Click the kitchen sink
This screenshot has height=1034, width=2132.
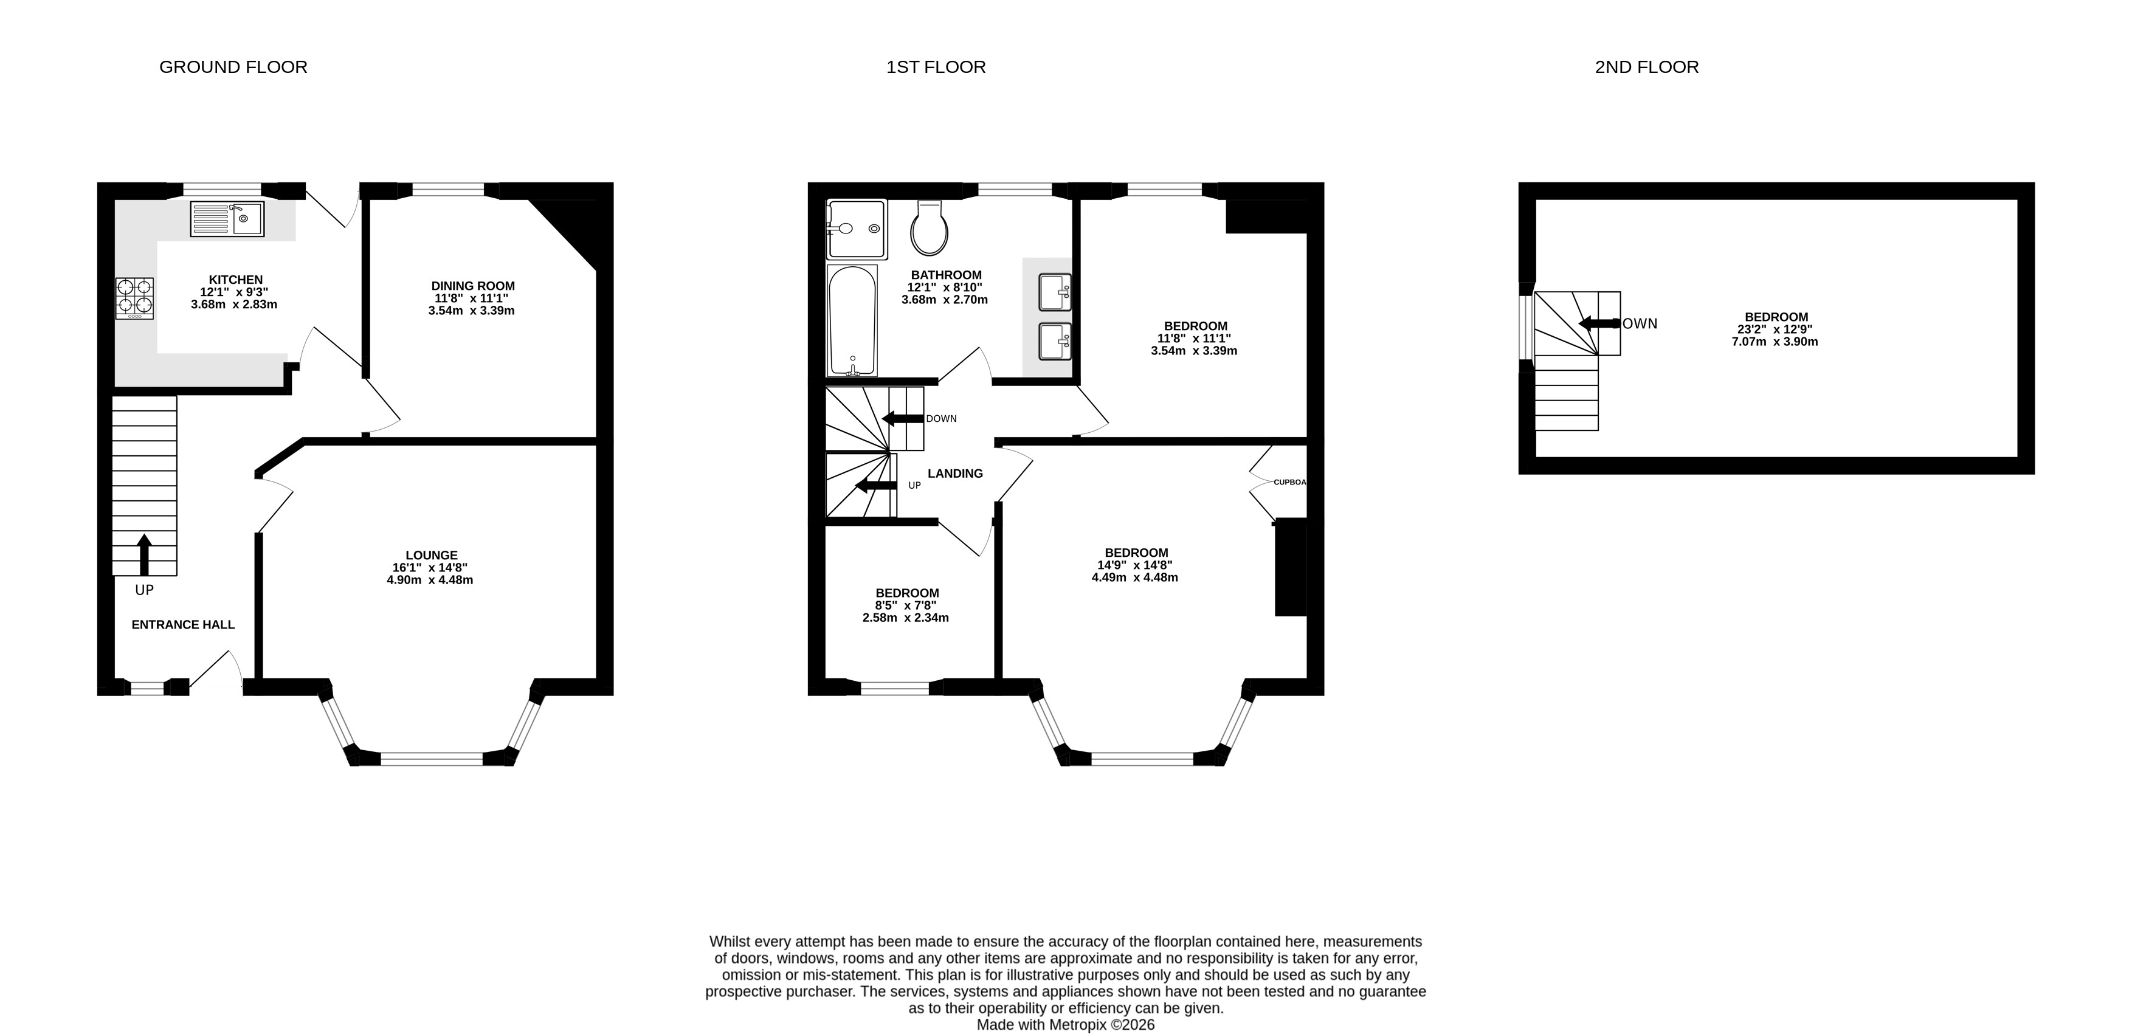coord(227,219)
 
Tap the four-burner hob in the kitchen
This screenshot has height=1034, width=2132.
coord(135,298)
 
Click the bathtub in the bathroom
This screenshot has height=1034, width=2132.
coord(852,320)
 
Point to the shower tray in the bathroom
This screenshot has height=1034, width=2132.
coord(857,229)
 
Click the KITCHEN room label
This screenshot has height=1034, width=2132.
coord(236,280)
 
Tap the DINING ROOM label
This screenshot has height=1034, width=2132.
coord(472,286)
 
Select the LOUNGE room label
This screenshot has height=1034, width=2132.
coord(431,556)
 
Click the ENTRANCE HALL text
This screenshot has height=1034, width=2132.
coord(183,625)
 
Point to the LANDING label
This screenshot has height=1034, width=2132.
coord(955,474)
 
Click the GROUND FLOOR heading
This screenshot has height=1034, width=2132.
coord(233,67)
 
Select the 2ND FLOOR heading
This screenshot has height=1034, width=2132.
coord(1647,67)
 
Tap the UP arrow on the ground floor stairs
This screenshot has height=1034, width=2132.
coord(144,554)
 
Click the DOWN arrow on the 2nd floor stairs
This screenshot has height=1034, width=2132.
coord(1599,323)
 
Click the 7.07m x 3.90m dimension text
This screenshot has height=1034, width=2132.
coord(1775,341)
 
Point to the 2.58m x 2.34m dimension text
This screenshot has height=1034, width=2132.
coord(905,618)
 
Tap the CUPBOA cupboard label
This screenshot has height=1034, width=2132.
coord(1290,482)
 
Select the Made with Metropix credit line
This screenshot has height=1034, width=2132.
coord(1066,1025)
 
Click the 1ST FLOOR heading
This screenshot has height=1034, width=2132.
coord(936,67)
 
